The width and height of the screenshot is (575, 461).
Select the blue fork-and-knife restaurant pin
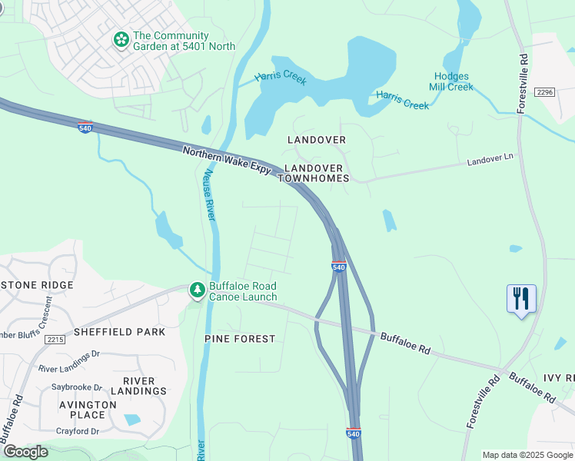click(x=521, y=298)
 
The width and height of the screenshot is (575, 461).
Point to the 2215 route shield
click(x=55, y=339)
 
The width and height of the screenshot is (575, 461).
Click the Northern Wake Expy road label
click(x=227, y=161)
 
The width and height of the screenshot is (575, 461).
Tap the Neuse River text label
click(x=208, y=197)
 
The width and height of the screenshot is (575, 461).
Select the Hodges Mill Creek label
click(x=454, y=81)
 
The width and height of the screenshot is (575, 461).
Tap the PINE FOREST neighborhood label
click(x=239, y=339)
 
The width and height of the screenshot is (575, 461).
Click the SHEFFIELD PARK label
click(x=119, y=332)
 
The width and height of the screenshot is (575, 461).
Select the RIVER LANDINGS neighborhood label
click(x=138, y=386)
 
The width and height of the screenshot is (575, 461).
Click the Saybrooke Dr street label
click(x=77, y=387)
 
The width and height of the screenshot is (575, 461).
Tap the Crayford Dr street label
click(x=78, y=432)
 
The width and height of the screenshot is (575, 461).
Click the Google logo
click(x=25, y=452)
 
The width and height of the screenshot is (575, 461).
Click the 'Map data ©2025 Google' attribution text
click(x=527, y=455)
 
